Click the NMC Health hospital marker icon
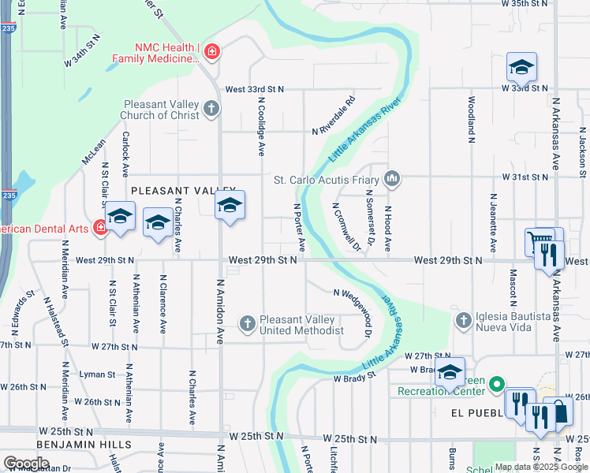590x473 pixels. (211, 53)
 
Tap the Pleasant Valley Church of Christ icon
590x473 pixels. (211, 108)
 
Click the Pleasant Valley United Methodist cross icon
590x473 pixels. (248, 322)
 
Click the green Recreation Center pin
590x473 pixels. (496, 385)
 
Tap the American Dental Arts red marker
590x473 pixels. (100, 229)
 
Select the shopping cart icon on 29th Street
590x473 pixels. (540, 240)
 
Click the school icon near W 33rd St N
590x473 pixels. (521, 69)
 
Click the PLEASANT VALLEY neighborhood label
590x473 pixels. (183, 191)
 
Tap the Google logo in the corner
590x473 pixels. (26, 463)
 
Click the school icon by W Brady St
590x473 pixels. (450, 374)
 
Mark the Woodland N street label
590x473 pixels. (471, 118)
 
